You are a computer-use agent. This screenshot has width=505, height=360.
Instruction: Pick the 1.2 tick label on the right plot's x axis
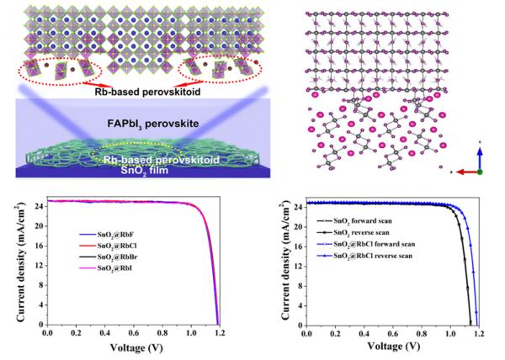tap(479, 334)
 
